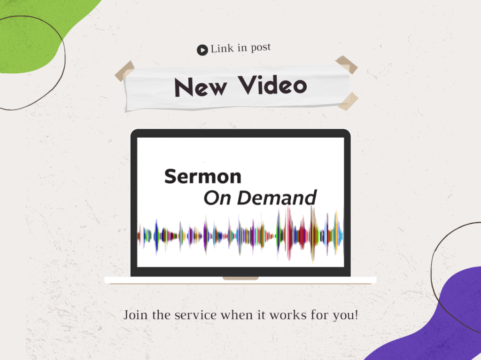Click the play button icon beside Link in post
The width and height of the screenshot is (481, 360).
202,50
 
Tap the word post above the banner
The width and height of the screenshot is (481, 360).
261,47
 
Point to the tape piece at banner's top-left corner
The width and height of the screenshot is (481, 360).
124,71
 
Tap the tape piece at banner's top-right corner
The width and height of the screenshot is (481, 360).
347,64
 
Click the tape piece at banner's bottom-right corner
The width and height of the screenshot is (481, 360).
348,101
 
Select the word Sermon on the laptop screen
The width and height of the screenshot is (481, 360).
203,176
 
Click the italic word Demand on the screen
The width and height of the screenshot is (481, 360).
277,198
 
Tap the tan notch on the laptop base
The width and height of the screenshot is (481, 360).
240,278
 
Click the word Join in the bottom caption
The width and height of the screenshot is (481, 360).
135,315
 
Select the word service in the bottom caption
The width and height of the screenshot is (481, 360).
196,315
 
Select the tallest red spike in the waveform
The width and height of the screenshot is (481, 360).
289,233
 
